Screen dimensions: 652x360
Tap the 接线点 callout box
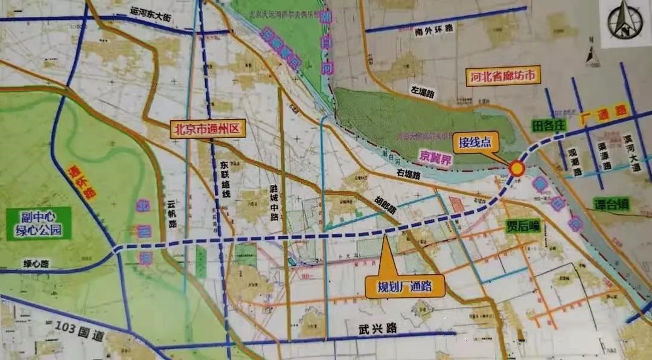[x=475, y=143]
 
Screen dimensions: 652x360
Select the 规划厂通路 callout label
[x=403, y=286]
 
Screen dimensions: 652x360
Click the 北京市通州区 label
[x=205, y=129]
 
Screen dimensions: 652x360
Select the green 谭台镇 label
[x=611, y=204]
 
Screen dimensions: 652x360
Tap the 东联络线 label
[x=224, y=179]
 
